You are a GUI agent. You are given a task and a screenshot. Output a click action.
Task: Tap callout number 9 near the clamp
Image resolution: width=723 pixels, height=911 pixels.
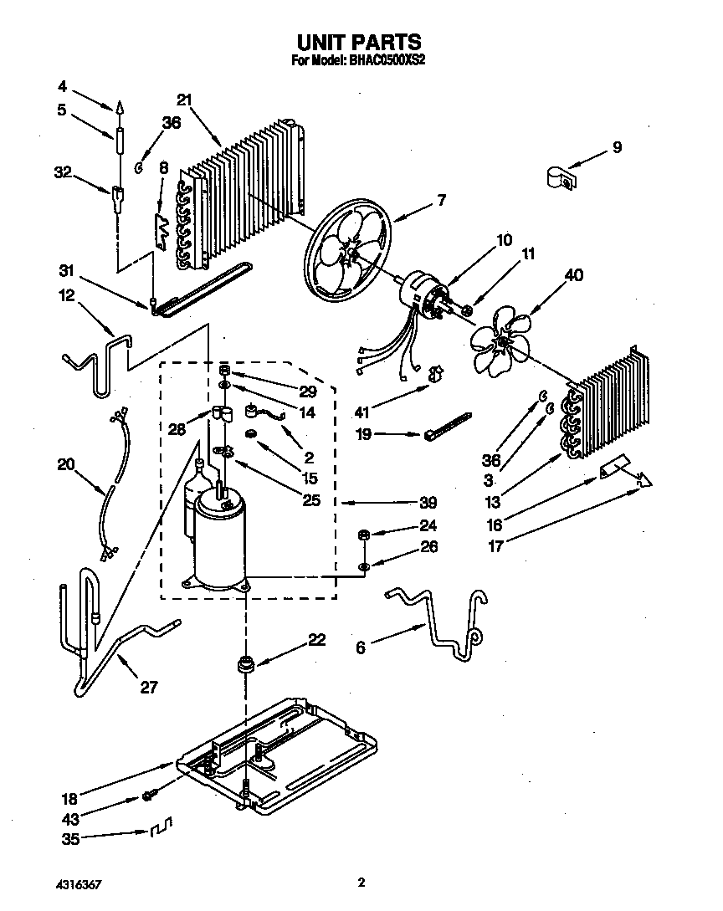tap(617, 148)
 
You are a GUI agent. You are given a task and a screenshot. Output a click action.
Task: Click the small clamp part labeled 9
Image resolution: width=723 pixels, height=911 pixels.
tap(560, 177)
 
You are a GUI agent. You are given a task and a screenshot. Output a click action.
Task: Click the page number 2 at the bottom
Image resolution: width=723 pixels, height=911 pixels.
tap(361, 882)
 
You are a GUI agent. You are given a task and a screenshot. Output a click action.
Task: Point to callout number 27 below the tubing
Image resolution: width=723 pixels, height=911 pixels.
tap(147, 688)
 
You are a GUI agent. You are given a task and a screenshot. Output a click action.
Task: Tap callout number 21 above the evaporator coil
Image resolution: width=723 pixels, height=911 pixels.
tap(185, 100)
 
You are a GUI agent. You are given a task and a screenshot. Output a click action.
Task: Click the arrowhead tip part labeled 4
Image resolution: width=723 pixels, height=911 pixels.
tap(119, 106)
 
